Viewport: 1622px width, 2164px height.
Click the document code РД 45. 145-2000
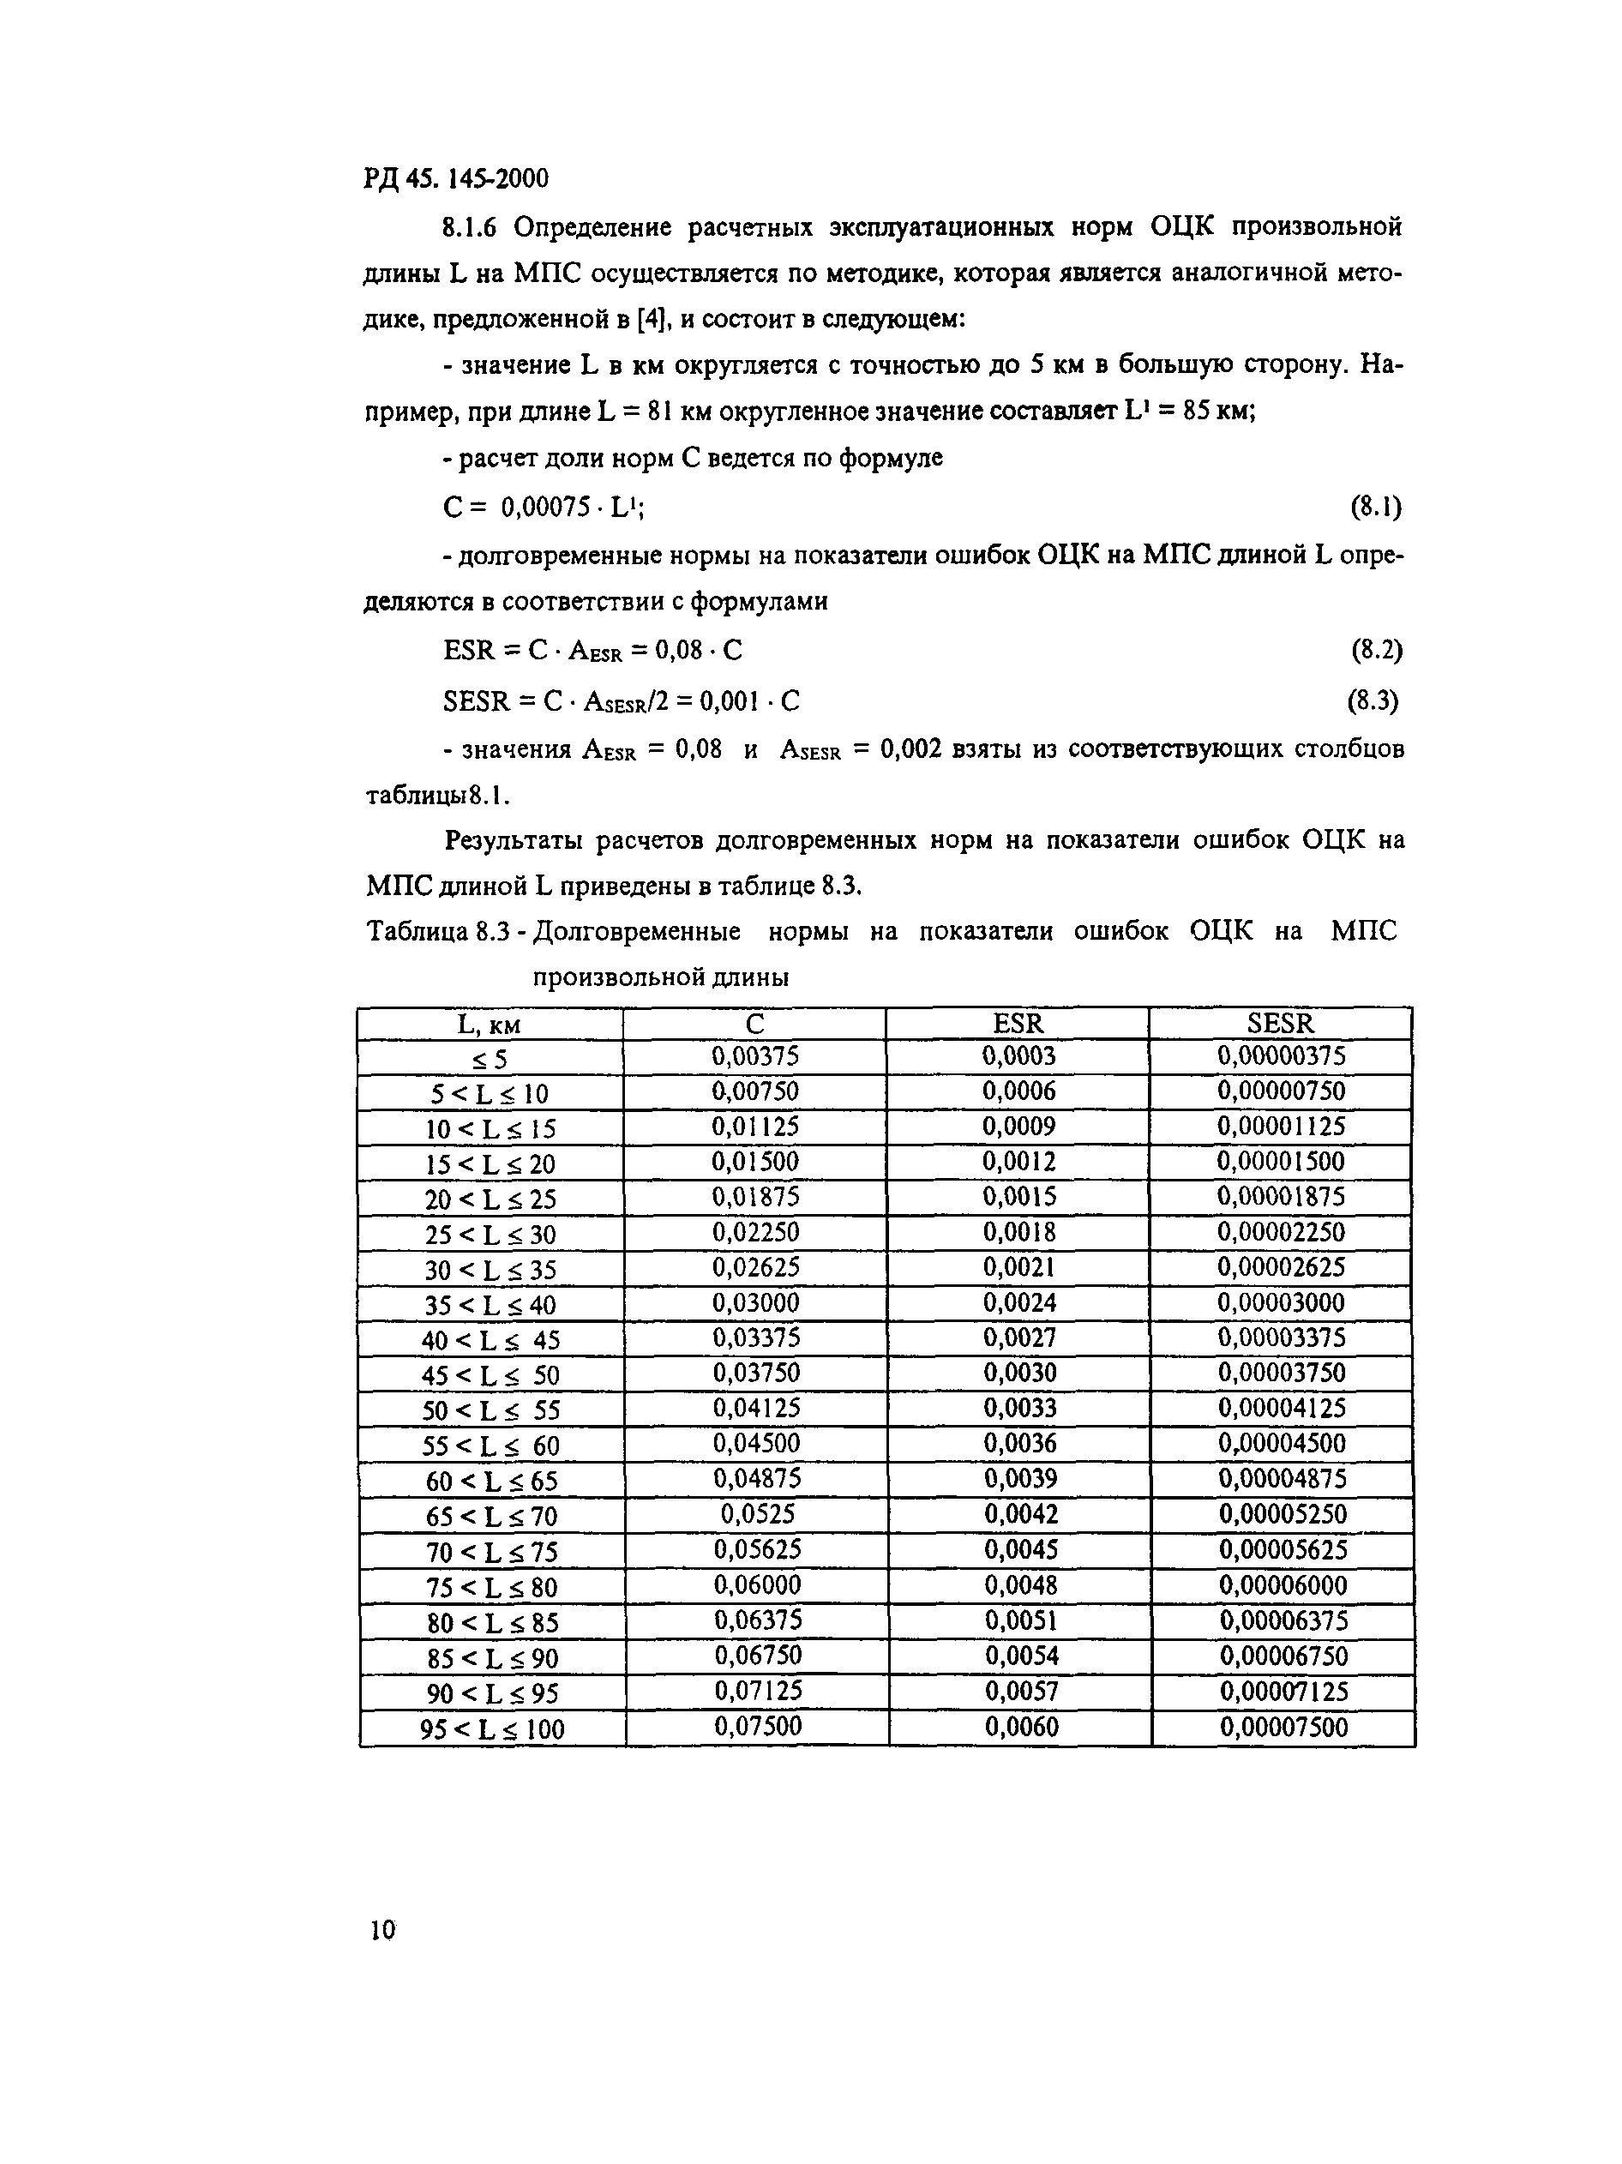tap(456, 179)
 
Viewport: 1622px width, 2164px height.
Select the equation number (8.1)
tap(1375, 507)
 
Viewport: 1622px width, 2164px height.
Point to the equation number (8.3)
tap(1373, 700)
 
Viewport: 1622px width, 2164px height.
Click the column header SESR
tap(1281, 1024)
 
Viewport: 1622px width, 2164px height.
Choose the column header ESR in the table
tap(1018, 1024)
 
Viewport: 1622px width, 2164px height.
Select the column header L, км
tap(490, 1025)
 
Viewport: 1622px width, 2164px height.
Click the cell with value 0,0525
tap(757, 1514)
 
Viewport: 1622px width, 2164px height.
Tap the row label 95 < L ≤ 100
tap(492, 1729)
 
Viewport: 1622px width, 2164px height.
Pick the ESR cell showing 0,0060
tap(1020, 1727)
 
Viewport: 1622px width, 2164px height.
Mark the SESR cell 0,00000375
tap(1281, 1055)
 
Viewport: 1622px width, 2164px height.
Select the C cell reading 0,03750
tap(755, 1373)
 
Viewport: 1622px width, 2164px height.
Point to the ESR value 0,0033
tap(1019, 1408)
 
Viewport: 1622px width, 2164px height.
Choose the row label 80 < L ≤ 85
tap(492, 1624)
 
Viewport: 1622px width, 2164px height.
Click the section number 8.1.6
tap(469, 228)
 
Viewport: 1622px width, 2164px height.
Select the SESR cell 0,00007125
tap(1283, 1692)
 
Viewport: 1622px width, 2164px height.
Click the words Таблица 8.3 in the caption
tap(438, 932)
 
